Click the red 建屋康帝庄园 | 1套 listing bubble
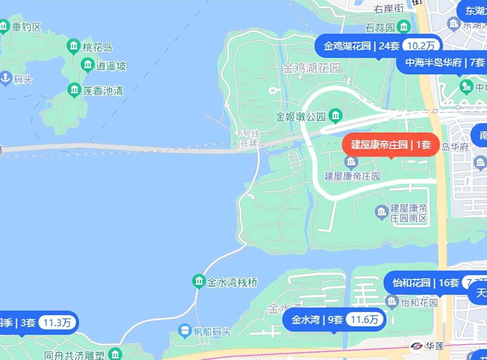[391, 145]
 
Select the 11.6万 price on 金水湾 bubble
[365, 320]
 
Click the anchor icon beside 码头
[5, 78]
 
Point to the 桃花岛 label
[97, 47]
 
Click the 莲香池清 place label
[103, 91]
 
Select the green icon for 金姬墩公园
[336, 116]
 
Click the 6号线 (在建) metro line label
[249, 138]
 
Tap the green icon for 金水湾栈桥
[199, 281]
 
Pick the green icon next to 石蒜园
[403, 27]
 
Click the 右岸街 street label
[388, 9]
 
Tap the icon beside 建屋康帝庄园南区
[381, 212]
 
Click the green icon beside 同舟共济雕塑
[115, 355]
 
